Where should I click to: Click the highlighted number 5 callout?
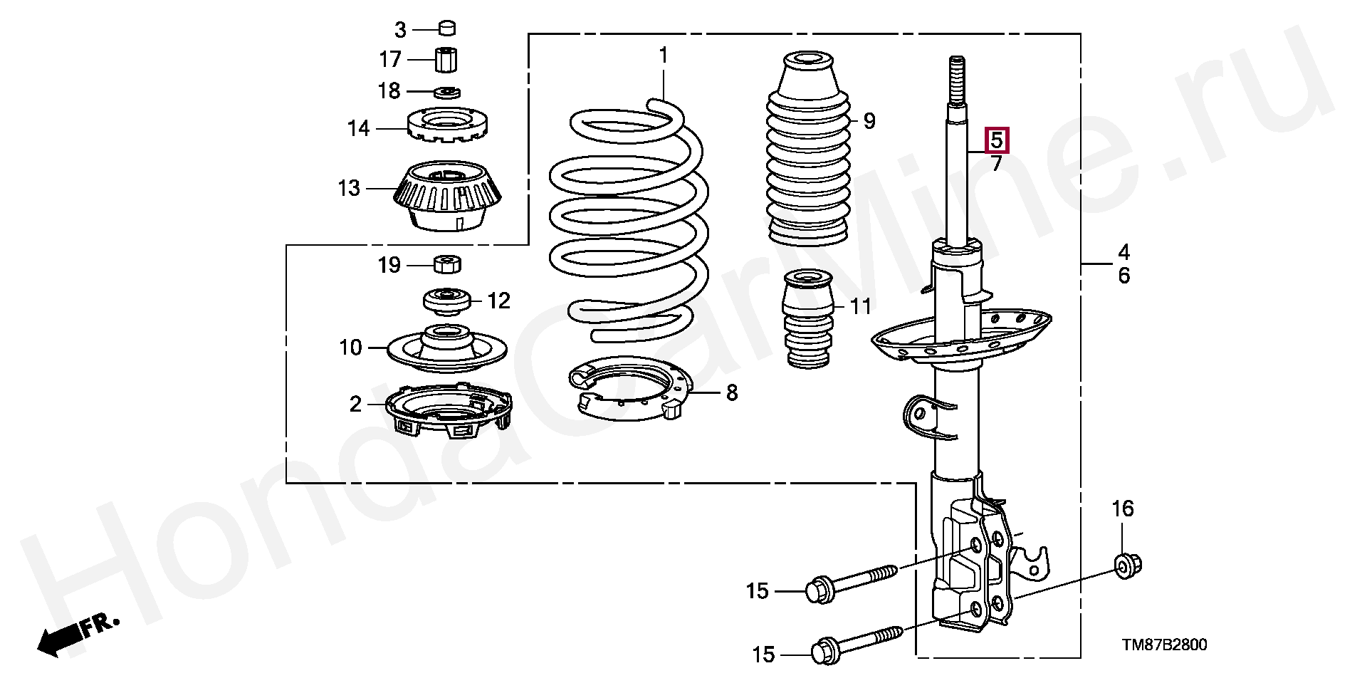[x=996, y=140]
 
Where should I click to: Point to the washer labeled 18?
[x=447, y=92]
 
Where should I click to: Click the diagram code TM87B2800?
[x=1164, y=646]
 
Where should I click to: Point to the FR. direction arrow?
[x=75, y=636]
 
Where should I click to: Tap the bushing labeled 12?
[x=446, y=301]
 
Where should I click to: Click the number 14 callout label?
[x=358, y=129]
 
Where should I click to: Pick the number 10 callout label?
[x=351, y=348]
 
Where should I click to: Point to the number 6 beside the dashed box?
[x=1124, y=276]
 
